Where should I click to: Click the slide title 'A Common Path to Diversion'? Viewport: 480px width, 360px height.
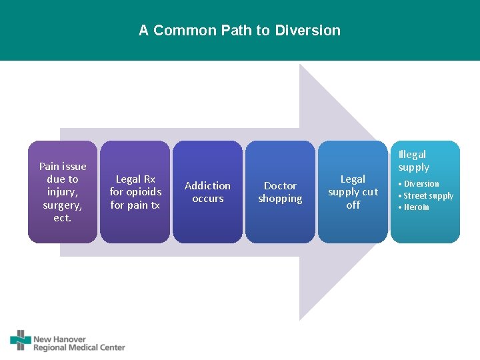tap(239, 31)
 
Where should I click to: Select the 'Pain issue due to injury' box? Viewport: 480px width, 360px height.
tap(63, 191)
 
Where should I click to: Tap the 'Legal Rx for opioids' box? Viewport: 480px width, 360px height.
tap(135, 191)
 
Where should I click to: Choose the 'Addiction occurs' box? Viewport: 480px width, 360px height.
tap(207, 191)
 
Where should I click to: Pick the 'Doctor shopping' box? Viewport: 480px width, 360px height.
tap(280, 191)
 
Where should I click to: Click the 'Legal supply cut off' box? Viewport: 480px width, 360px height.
tap(353, 191)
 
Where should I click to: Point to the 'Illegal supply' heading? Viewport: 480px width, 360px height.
tap(413, 161)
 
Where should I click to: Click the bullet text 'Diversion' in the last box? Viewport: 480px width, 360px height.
tap(421, 184)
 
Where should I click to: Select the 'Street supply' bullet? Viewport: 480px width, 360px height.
tap(428, 195)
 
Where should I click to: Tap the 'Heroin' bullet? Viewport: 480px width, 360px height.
tap(417, 207)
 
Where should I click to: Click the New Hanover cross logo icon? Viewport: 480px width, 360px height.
tap(20, 340)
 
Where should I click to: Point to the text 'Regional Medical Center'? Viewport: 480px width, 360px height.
tap(79, 347)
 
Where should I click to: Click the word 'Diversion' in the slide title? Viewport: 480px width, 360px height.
tap(307, 31)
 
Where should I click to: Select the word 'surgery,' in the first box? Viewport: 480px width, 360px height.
tap(63, 205)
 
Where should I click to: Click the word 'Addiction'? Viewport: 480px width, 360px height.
tap(207, 185)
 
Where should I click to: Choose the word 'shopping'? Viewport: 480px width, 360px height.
tap(280, 199)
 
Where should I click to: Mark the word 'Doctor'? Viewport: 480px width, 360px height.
tap(280, 185)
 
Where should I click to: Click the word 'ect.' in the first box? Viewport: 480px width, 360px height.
tap(63, 218)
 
